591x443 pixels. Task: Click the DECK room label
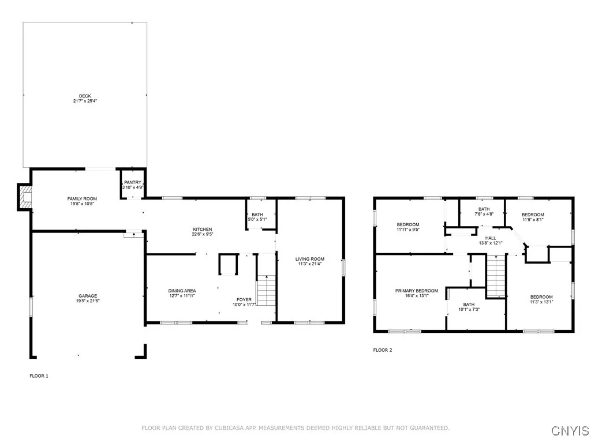[85, 96]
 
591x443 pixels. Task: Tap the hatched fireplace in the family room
[25, 197]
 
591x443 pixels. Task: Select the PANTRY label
[133, 182]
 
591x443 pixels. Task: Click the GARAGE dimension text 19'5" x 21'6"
[88, 301]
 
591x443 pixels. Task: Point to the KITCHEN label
[203, 230]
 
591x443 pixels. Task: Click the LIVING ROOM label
[310, 259]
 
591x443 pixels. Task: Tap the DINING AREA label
[182, 291]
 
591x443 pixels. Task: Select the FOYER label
[244, 300]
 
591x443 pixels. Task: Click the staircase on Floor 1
[267, 291]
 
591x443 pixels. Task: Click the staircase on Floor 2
[496, 276]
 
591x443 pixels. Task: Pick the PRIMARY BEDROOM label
[417, 291]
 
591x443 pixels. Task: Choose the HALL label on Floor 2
[491, 238]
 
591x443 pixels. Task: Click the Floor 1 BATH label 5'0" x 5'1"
[257, 215]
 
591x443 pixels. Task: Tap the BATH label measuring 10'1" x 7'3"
[469, 305]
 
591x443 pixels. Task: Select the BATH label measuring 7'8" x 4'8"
[484, 209]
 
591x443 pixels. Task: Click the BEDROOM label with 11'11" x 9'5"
[408, 224]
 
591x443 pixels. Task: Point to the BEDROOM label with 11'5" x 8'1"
[533, 215]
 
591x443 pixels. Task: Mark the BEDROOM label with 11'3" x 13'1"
[541, 297]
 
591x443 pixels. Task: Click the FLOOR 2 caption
[383, 350]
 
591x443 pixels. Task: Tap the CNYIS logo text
[570, 430]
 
